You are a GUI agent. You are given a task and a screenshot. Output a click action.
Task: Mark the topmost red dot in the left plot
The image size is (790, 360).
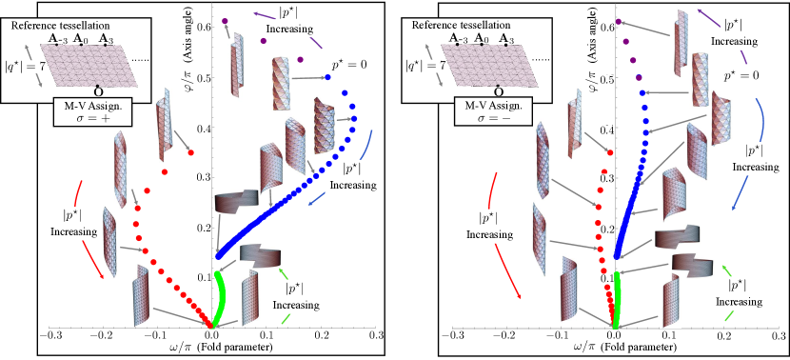191,152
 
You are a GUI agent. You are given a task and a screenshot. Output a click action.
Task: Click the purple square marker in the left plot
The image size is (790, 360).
225,21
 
